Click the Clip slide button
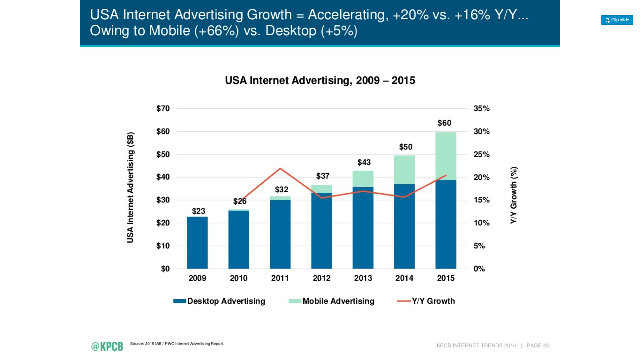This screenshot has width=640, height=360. point(617,20)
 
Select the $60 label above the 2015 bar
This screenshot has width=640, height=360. point(444,123)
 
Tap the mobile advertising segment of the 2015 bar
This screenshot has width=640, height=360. point(446,156)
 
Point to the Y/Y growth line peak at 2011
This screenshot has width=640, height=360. point(280,168)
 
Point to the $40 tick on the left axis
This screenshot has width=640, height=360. point(163,177)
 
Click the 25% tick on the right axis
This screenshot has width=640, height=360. point(481,154)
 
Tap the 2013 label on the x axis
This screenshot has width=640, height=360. point(363,278)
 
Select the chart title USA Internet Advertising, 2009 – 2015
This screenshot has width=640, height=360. point(320,80)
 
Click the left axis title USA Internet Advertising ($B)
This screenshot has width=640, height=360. point(130,187)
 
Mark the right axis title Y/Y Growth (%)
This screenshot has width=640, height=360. point(514,195)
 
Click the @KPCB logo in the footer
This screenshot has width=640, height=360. point(107,346)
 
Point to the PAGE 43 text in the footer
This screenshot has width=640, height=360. point(537,346)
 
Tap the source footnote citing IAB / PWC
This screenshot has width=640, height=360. point(177,344)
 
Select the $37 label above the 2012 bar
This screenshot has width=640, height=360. point(323,176)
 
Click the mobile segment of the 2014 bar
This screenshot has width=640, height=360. point(404,170)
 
